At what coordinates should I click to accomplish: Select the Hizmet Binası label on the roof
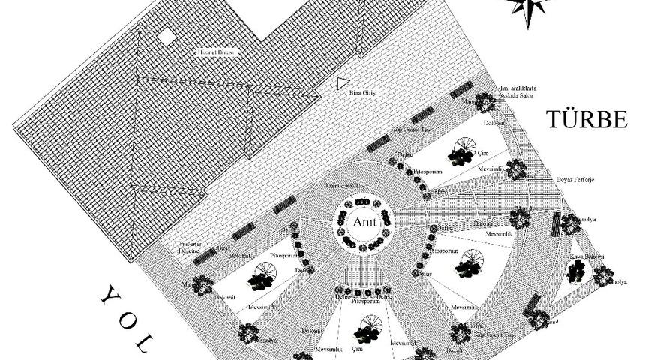(216, 52)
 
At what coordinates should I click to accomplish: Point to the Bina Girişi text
(362, 92)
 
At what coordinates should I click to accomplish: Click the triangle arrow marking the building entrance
(342, 82)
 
